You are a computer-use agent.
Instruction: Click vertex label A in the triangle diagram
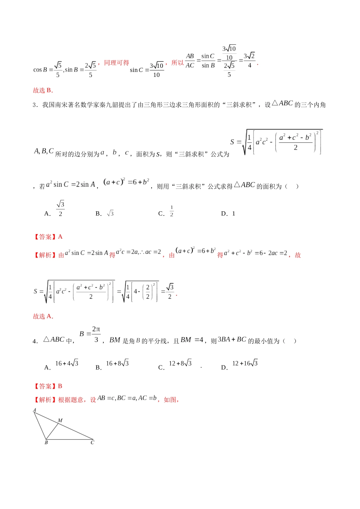tap(34, 410)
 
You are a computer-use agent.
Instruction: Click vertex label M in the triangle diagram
tap(60, 420)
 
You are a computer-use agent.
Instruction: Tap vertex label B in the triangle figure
tap(46, 442)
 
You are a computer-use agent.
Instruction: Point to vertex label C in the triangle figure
tap(92, 442)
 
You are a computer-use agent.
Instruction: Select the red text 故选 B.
tap(43, 90)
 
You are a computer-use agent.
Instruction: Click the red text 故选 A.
tap(43, 316)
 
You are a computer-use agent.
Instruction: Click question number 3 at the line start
tap(34, 105)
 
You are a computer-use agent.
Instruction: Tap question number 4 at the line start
tap(34, 341)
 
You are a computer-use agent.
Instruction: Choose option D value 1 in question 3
tap(233, 214)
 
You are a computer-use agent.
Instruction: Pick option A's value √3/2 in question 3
tap(61, 209)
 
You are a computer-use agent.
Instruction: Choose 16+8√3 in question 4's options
tap(117, 363)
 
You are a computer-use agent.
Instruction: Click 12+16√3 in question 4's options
tap(245, 363)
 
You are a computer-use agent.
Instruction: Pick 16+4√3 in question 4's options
tap(67, 363)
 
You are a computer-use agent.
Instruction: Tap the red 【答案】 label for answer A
tap(45, 237)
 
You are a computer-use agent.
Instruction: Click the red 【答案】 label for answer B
tap(45, 386)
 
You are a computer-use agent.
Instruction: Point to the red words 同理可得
tap(116, 63)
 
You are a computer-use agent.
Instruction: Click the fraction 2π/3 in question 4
tap(96, 334)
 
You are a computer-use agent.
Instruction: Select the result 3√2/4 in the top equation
tap(249, 60)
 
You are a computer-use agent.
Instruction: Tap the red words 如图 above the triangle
tap(170, 400)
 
